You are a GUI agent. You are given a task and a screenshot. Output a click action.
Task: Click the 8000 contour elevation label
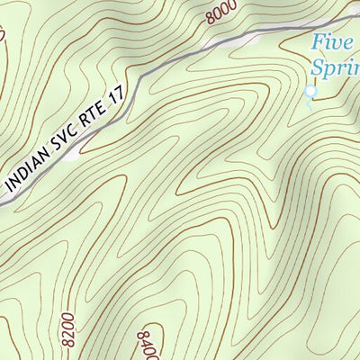point(220,13)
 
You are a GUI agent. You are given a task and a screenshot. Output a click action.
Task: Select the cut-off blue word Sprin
point(335,67)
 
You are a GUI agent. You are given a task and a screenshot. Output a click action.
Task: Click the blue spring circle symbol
point(311,90)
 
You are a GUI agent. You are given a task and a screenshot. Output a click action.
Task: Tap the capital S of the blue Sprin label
point(317,67)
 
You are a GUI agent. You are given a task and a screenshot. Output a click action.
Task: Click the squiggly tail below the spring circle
point(309,103)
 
